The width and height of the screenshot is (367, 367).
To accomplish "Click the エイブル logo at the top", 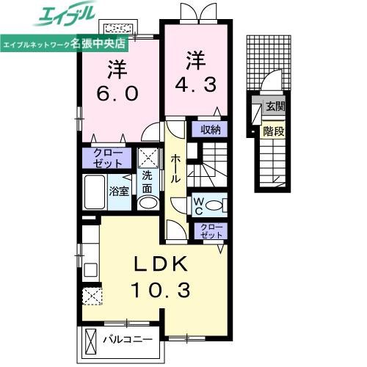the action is coord(64,14).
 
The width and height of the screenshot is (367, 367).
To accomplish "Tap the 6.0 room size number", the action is coord(117,93).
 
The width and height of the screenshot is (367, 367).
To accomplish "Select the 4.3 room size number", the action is coord(196,84).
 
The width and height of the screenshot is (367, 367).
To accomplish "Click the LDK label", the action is coord(160,264).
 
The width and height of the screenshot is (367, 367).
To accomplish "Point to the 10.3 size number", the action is coord(161,290).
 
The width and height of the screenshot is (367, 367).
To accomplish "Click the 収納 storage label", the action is coord(211,130).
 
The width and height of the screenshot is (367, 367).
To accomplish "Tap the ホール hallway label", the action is coord(175,169).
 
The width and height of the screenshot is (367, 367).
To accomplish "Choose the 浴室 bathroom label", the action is coord(119,191).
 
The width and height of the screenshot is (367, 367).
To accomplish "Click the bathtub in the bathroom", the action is coord(95,192).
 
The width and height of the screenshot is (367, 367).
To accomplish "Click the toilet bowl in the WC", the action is coord(214,205).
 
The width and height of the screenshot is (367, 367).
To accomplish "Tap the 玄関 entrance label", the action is coord(275,106).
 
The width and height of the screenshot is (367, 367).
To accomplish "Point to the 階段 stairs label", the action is coord(274,131).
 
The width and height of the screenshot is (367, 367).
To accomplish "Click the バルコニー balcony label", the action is coord(128,340).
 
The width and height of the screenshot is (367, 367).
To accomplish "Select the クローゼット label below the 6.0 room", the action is coord(108,159).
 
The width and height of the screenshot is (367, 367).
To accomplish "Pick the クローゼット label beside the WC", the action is coord(211,231).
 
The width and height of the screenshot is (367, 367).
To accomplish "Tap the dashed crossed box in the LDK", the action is coord(92,297).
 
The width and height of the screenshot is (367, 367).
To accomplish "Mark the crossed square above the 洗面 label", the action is coord(148,158).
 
